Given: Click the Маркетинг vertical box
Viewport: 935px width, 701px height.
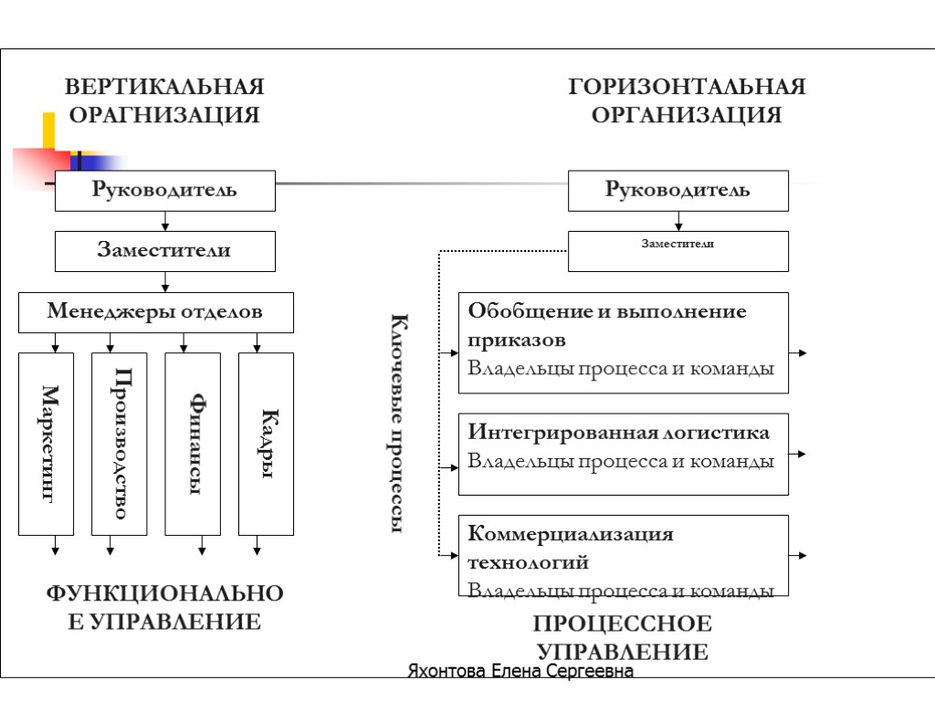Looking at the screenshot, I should pyautogui.click(x=47, y=444).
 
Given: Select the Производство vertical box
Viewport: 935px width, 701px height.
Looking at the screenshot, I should pyautogui.click(x=120, y=444).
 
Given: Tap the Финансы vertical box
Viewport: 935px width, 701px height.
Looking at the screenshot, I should pyautogui.click(x=193, y=444).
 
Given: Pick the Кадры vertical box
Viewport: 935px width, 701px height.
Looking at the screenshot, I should pyautogui.click(x=266, y=444).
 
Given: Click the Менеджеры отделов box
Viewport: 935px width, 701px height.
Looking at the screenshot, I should pyautogui.click(x=156, y=312).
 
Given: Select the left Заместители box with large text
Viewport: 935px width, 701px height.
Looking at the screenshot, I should pyautogui.click(x=164, y=251).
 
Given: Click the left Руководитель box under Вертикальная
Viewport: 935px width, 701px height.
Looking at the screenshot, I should pyautogui.click(x=164, y=191).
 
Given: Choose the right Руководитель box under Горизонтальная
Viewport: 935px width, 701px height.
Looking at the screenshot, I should pyautogui.click(x=678, y=191).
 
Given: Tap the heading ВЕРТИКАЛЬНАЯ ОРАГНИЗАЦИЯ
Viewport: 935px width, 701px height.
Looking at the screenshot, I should pyautogui.click(x=164, y=100).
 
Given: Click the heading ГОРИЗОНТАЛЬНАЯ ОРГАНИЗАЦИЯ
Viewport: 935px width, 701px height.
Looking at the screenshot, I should pyautogui.click(x=687, y=100).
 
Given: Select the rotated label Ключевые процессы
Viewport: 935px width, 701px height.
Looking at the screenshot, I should pyautogui.click(x=399, y=424).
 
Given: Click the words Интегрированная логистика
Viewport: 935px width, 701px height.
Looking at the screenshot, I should pyautogui.click(x=618, y=432).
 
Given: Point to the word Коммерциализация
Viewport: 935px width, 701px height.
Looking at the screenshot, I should pyautogui.click(x=571, y=534).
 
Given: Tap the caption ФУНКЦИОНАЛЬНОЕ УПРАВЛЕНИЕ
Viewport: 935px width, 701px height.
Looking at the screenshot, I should pyautogui.click(x=164, y=608).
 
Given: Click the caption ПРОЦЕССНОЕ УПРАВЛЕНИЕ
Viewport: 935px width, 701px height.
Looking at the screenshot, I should pyautogui.click(x=622, y=638).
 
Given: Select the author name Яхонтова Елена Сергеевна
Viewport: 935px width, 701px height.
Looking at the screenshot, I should pyautogui.click(x=520, y=672).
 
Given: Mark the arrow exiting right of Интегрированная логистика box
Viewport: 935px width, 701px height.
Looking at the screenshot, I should pyautogui.click(x=798, y=454).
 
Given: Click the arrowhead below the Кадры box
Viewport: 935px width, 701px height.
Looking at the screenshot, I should pyautogui.click(x=257, y=549).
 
